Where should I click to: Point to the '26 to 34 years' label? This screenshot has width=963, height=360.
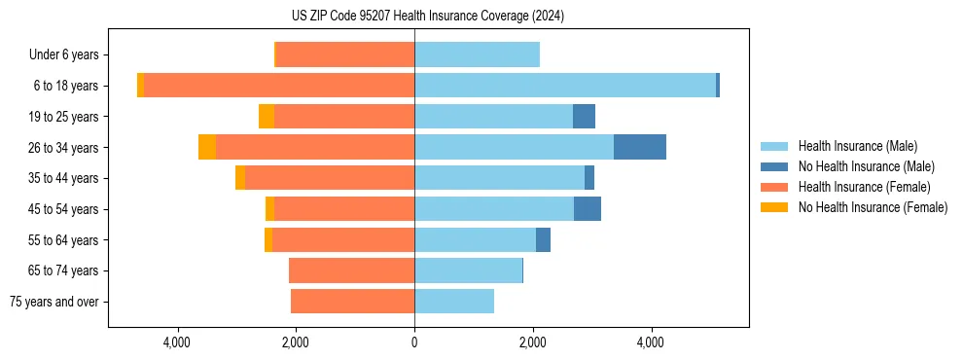point(64,148)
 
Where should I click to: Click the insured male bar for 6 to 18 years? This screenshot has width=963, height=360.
point(565,86)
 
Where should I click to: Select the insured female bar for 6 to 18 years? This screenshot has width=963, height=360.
point(279,86)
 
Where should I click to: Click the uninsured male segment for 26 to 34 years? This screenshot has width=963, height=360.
point(640,147)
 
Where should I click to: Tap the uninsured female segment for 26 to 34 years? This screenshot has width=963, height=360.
point(207,147)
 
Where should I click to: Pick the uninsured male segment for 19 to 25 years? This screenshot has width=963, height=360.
point(584,117)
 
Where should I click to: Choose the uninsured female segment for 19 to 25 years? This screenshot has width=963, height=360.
point(267,117)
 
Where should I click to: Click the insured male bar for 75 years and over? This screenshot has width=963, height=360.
point(454,302)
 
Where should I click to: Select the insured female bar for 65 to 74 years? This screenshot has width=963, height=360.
point(352,270)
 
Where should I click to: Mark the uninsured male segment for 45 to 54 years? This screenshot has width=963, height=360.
point(588,209)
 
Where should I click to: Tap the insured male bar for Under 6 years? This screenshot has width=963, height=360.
point(477,54)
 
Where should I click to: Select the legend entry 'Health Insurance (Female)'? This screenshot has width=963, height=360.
point(864,187)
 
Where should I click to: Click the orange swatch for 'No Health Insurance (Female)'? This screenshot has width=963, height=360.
point(775,207)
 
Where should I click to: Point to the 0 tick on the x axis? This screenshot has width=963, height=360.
point(414,342)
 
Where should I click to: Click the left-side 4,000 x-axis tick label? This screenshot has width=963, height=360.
point(177,342)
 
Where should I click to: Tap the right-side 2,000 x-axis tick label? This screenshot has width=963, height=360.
point(532,342)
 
